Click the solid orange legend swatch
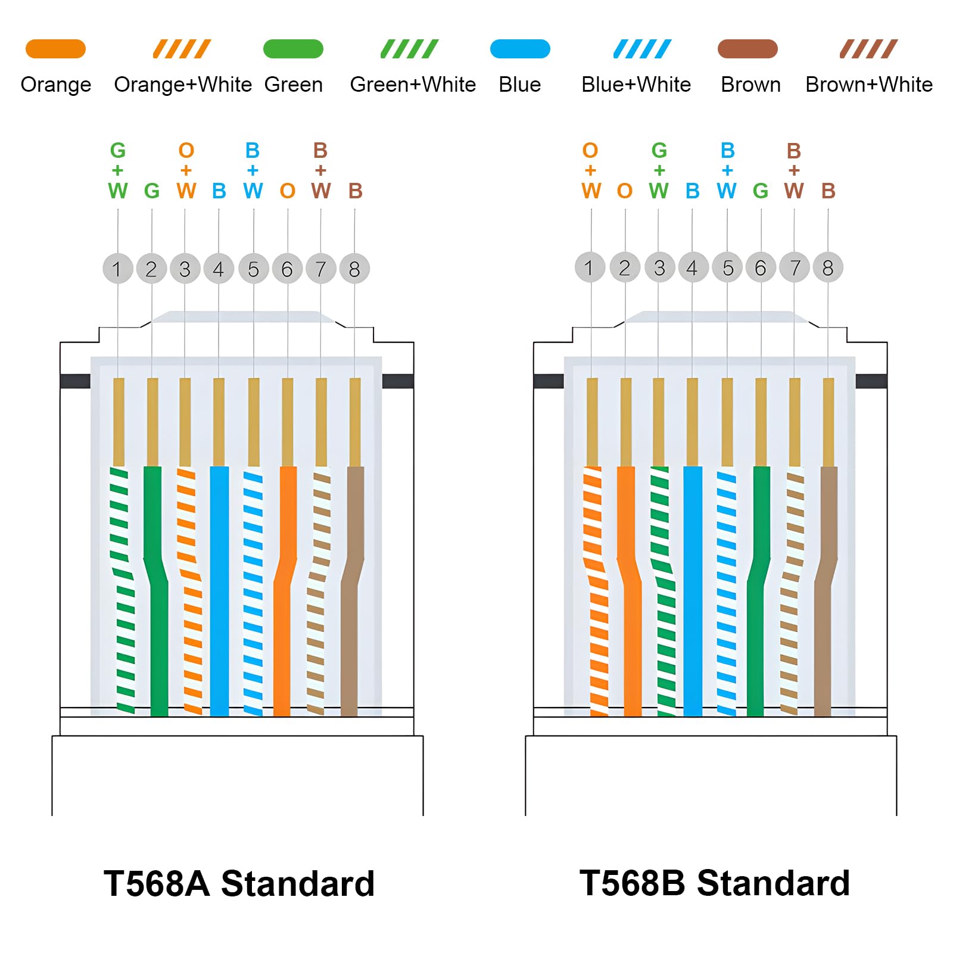pos(55,49)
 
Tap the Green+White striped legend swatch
pos(409,49)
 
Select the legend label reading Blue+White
pos(636,85)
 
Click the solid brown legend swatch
pos(748,49)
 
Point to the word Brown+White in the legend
pos(868,85)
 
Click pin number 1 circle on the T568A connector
pos(117,269)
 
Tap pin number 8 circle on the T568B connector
pos(827,267)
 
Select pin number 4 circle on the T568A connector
pos(219,269)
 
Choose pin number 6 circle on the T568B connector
pos(761,267)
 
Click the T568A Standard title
pos(239,883)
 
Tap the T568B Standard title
pos(714,883)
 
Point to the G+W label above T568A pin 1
pos(118,170)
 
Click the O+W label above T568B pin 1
pos(590,170)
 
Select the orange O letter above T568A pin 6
pos(288,191)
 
